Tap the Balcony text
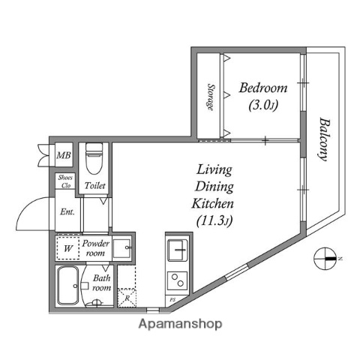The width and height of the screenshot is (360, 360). [325, 138]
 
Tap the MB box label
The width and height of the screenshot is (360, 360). [64, 156]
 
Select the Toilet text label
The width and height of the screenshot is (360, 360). [94, 185]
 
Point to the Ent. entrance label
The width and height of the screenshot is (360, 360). [67, 211]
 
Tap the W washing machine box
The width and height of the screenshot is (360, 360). [67, 247]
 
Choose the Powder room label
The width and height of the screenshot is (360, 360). [96, 247]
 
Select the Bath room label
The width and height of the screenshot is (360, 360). [102, 283]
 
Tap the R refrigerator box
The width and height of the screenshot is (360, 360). [127, 298]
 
